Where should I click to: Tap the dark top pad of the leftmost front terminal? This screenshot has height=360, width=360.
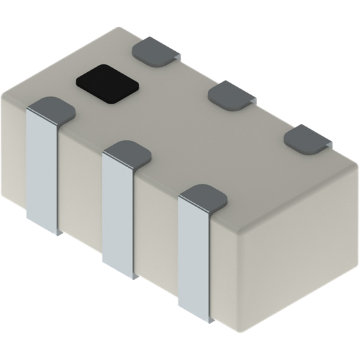coord(51,109)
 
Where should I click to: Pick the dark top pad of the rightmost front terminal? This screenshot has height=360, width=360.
coord(203,197)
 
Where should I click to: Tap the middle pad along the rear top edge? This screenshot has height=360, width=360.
coord(231,94)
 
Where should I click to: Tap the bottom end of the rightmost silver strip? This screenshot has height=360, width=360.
coord(194,318)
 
